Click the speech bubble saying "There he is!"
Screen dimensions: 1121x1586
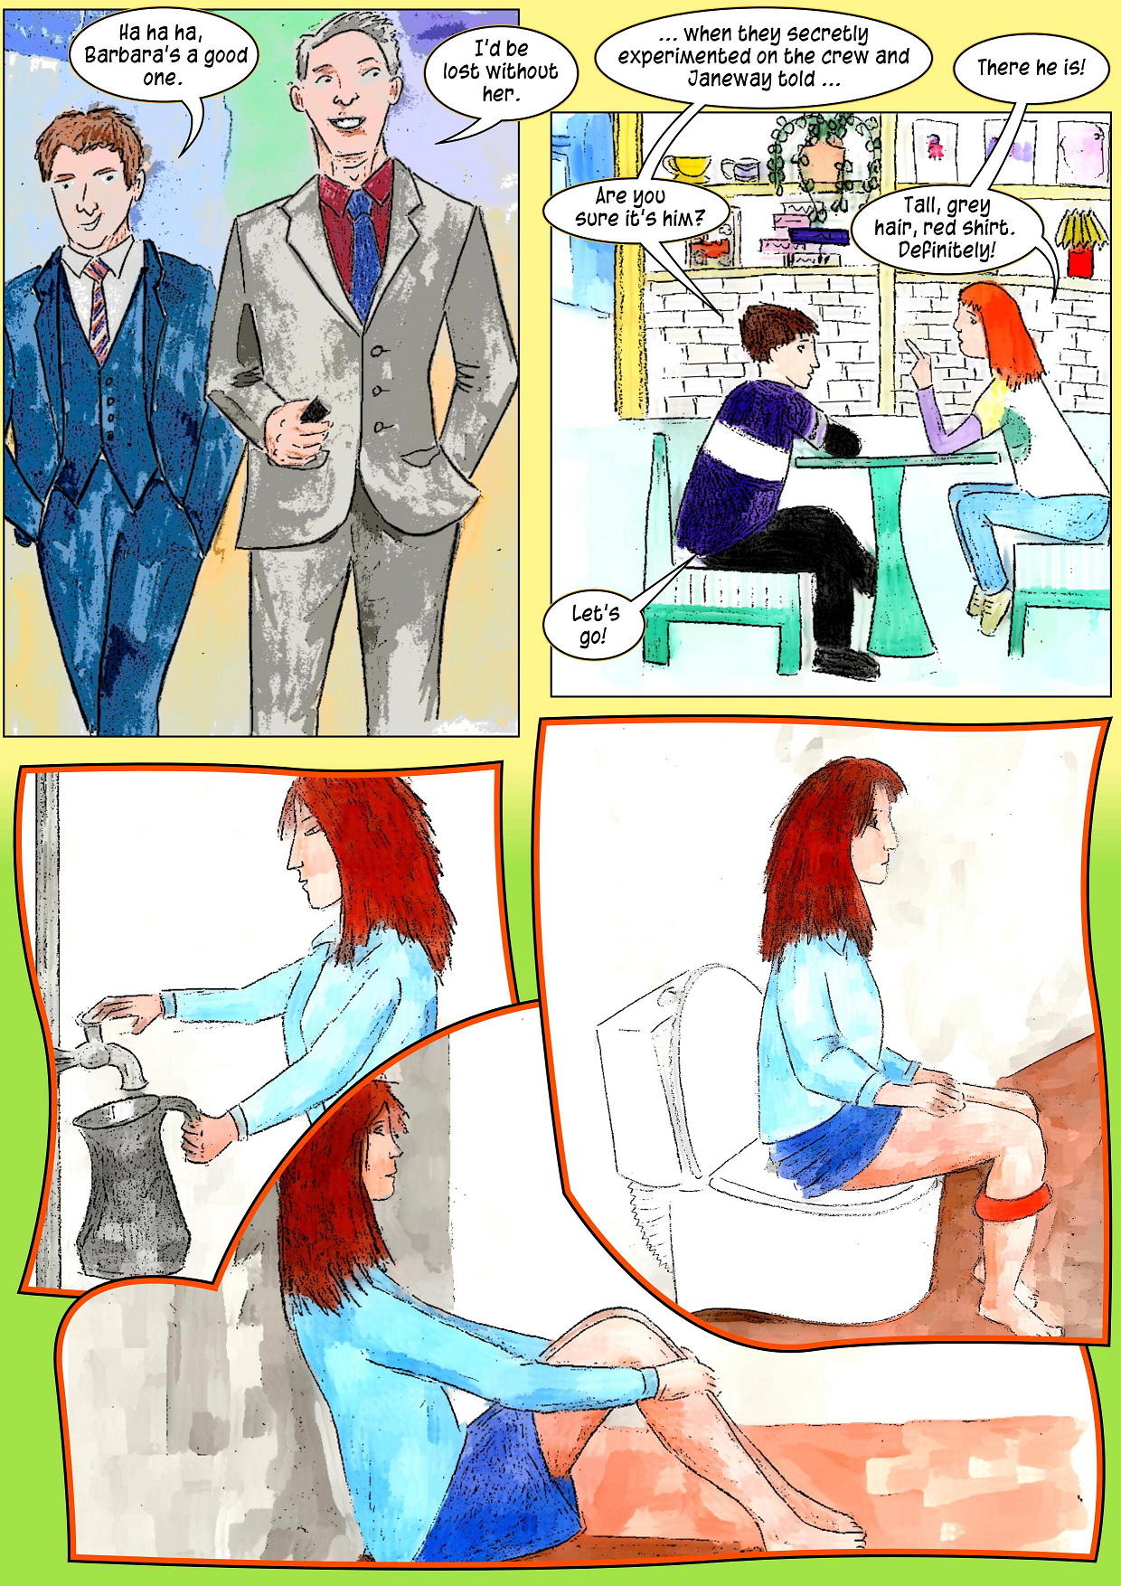(x=1031, y=69)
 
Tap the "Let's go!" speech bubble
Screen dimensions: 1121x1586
(x=593, y=624)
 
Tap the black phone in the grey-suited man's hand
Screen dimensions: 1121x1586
(x=313, y=411)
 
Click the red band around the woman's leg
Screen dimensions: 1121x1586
(x=1013, y=1204)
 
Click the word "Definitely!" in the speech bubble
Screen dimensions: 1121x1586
(x=947, y=250)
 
